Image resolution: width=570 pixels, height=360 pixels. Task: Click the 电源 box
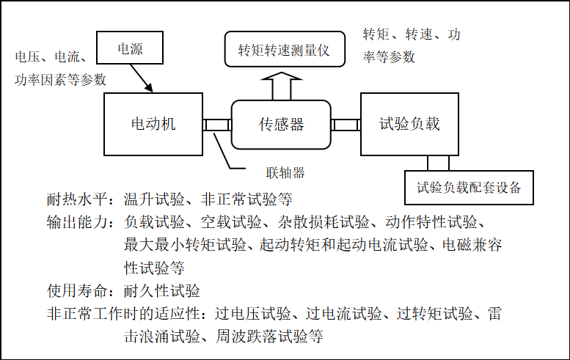[130, 50]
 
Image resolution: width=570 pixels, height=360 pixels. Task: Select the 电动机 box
[153, 124]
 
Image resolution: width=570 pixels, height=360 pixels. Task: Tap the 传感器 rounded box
[281, 125]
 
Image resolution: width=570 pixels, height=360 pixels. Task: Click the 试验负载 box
[409, 124]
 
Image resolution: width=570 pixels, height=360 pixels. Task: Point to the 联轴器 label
[285, 173]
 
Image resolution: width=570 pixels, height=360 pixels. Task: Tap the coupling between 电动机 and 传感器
[217, 125]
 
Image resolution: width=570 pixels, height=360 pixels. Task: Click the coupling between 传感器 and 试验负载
[346, 125]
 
